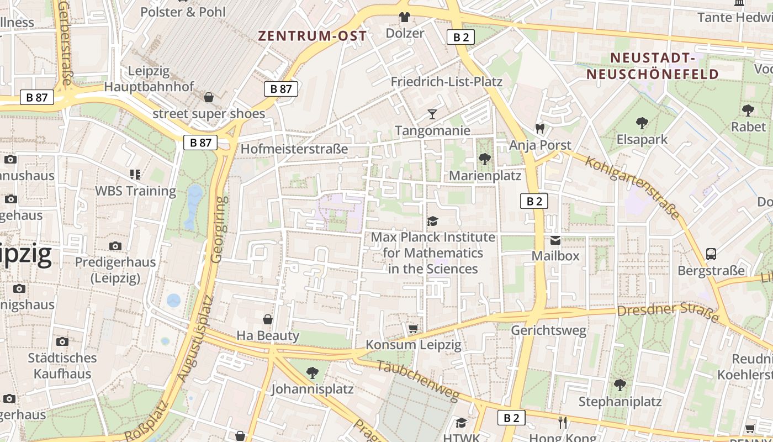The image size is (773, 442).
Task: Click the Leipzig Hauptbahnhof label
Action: click(x=149, y=79)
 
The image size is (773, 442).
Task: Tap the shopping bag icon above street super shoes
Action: click(x=209, y=98)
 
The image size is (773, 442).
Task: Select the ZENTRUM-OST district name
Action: click(x=312, y=36)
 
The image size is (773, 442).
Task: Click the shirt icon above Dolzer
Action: click(x=405, y=17)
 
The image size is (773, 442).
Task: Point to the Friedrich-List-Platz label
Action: click(x=446, y=82)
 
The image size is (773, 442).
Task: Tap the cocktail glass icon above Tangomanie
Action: click(x=432, y=114)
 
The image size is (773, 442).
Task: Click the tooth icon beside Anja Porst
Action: click(x=540, y=128)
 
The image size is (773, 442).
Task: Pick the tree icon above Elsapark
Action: click(x=642, y=123)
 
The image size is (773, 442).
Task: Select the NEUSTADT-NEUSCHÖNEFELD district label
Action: click(x=652, y=66)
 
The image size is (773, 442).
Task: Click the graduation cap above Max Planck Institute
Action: click(x=432, y=221)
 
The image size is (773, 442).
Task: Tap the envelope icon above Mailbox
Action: click(x=555, y=240)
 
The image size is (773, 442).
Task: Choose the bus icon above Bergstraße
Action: click(x=711, y=254)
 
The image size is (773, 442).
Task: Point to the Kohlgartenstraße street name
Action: click(x=632, y=187)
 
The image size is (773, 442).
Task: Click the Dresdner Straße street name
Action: click(x=667, y=311)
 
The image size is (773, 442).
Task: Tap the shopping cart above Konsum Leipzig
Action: click(x=413, y=329)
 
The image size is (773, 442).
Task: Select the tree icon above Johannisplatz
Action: click(x=312, y=373)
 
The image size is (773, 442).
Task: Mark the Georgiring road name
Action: click(x=218, y=229)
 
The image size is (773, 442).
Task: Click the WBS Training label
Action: click(x=136, y=191)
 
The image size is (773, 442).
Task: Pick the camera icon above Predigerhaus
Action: click(x=115, y=246)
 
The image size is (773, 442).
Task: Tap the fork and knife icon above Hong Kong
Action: click(x=563, y=423)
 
